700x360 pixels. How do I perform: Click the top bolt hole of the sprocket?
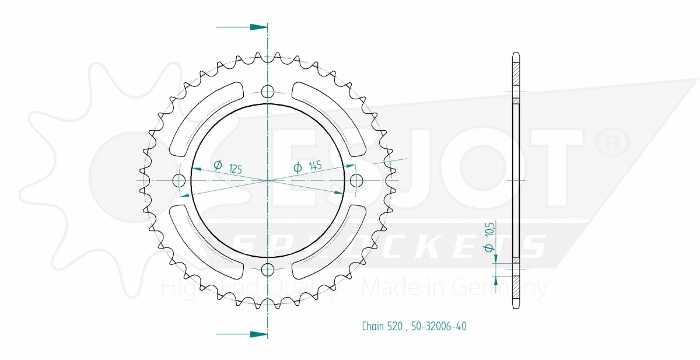(268, 91)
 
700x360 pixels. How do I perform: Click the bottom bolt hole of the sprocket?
(268, 270)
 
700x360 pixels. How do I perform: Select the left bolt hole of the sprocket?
(178, 180)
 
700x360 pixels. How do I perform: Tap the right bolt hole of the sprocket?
(356, 180)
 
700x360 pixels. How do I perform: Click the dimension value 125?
(236, 169)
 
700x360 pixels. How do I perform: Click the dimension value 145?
(315, 166)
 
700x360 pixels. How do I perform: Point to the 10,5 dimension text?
(489, 230)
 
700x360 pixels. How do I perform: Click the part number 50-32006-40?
(439, 326)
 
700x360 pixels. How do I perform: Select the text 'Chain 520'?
(382, 326)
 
